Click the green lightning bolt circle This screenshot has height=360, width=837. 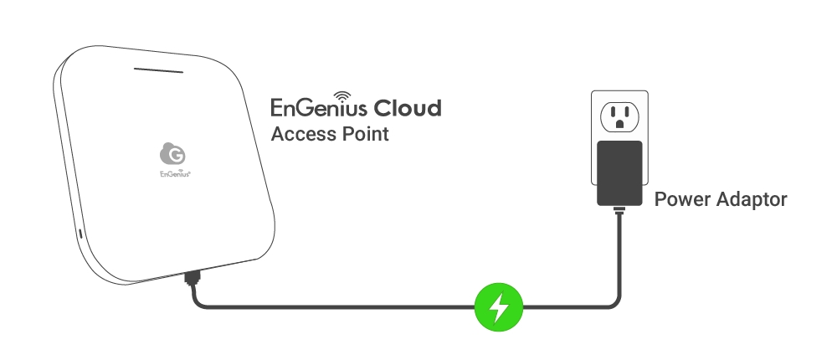[x=499, y=307]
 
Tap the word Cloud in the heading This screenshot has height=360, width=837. [x=407, y=109]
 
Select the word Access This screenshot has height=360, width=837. [x=301, y=134]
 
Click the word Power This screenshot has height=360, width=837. [x=680, y=200]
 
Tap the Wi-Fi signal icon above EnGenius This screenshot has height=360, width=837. [x=344, y=95]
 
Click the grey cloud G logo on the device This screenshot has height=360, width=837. [x=172, y=153]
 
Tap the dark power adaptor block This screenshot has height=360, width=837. [x=619, y=172]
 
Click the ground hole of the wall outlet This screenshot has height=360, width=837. [x=619, y=124]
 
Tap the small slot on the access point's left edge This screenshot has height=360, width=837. [x=80, y=234]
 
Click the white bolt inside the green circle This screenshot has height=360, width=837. [x=499, y=307]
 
